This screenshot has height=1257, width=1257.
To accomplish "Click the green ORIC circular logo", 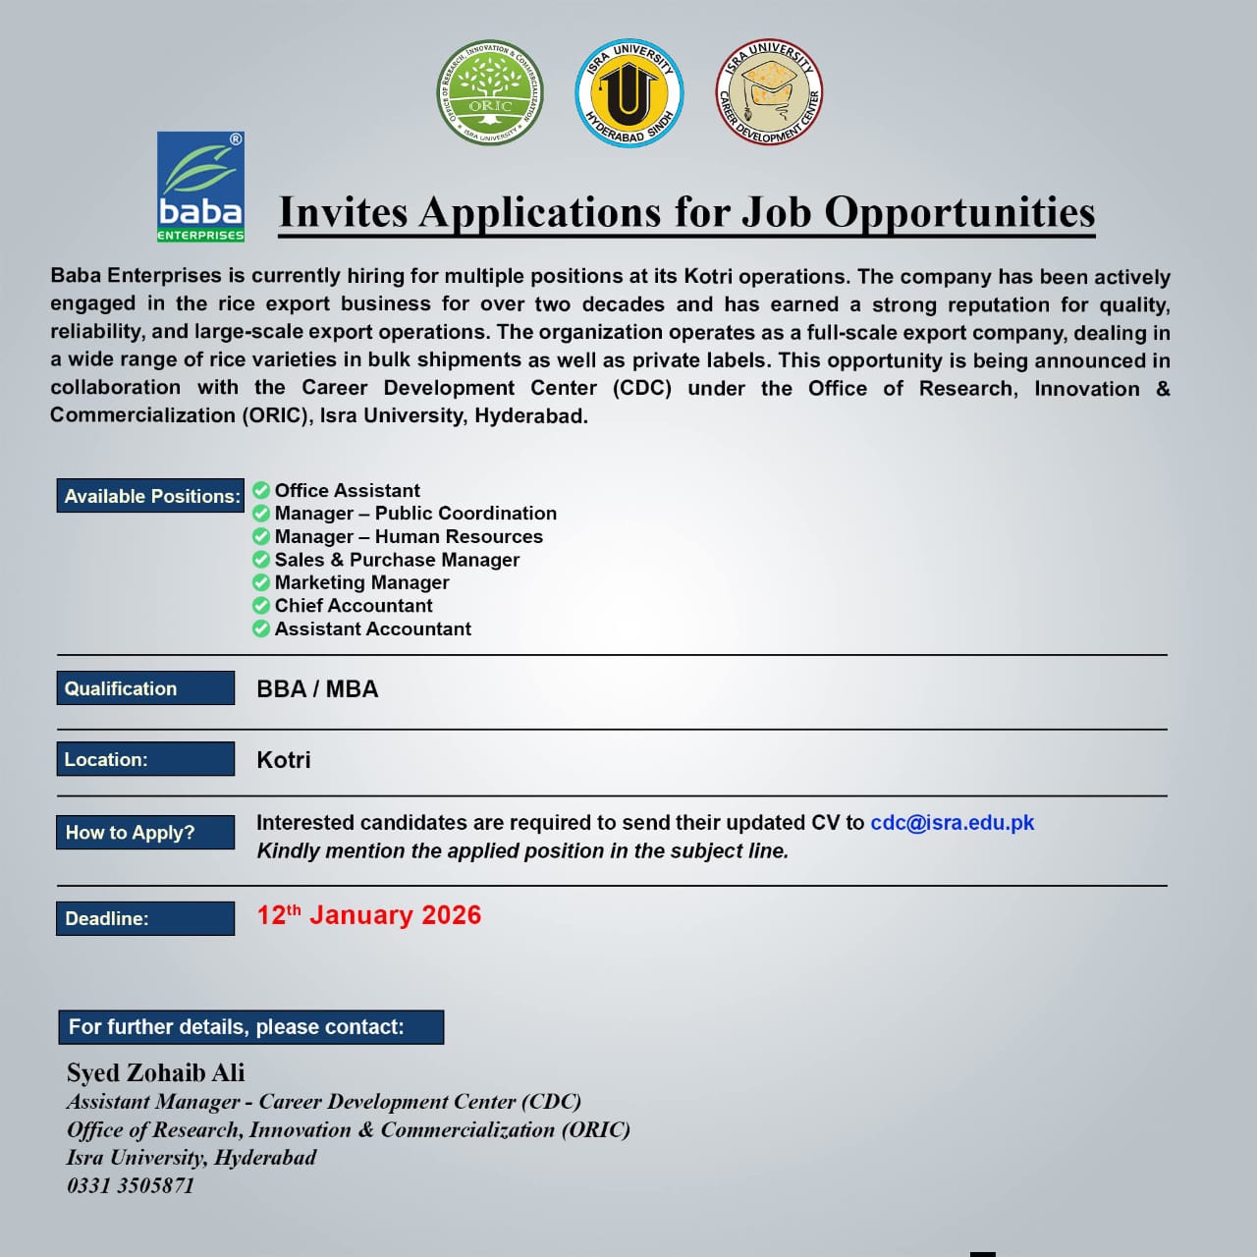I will pos(489,93).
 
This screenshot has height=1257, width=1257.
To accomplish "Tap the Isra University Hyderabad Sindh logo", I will pos(628,93).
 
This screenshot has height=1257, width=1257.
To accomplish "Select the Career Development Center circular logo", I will pos(768,93).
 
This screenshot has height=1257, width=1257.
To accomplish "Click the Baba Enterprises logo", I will pos(200,187).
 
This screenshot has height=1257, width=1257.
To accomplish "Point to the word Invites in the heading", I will pos(343,212).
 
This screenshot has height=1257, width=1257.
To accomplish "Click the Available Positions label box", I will pos(150,496).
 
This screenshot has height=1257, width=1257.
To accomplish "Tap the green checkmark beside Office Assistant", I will pos(261,490).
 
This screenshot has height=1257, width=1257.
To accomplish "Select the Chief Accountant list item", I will pos(354,606).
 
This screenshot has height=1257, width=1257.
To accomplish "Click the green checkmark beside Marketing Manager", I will pos(261,582).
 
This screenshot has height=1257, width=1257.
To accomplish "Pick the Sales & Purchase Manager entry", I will pos(397,560).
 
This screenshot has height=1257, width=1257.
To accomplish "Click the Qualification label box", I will pos(145,688).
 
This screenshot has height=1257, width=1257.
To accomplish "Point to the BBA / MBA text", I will pos(317,689).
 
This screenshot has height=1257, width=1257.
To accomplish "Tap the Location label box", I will pos(145,759).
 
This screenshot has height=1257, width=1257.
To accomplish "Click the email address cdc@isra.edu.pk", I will pos(952,823).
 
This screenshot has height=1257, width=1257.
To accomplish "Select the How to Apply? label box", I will pos(145,833).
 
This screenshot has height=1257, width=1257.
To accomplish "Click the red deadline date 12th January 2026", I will pos(369,915).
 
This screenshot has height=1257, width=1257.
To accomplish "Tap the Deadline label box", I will pos(145,918).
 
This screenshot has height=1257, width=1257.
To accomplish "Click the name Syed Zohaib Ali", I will pos(156,1072).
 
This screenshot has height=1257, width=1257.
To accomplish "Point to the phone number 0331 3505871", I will pos(131,1185).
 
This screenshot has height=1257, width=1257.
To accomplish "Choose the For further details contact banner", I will pos(250,1027).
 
